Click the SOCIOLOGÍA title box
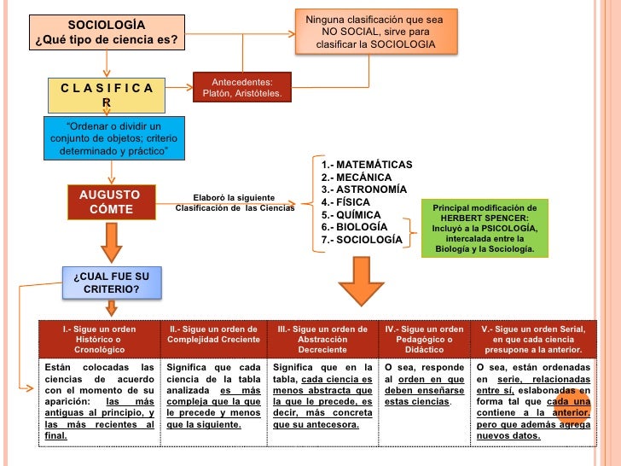(107, 32)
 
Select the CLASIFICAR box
(107, 95)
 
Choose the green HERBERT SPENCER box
(485, 229)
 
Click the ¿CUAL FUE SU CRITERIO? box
(112, 283)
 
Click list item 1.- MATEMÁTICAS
(367, 164)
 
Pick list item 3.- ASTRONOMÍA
(364, 189)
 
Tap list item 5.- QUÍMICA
(351, 215)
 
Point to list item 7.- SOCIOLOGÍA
(362, 241)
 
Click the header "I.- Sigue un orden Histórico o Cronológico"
(99, 339)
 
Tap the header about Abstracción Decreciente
(322, 339)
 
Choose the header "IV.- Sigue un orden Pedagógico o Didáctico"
(424, 339)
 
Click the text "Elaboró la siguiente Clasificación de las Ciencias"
(235, 202)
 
